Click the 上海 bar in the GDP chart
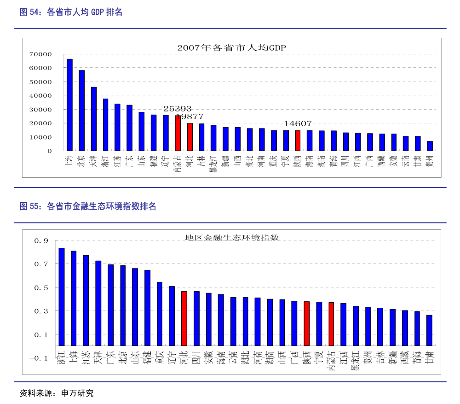[69, 105]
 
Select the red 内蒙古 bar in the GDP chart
[178, 133]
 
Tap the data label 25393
[178, 109]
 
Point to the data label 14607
[298, 123]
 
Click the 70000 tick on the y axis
[40, 54]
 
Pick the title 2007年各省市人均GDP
[232, 47]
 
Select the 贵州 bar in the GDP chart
[430, 146]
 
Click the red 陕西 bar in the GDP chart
[298, 141]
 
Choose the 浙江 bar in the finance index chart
[62, 297]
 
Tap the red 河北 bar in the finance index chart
[184, 318]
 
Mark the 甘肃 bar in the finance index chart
[429, 330]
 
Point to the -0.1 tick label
[40, 358]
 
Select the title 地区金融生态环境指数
[232, 238]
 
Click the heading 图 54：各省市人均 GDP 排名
[71, 12]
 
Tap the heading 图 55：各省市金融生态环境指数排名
[88, 206]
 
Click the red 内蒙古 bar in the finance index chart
[331, 324]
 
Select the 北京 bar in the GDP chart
[81, 111]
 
